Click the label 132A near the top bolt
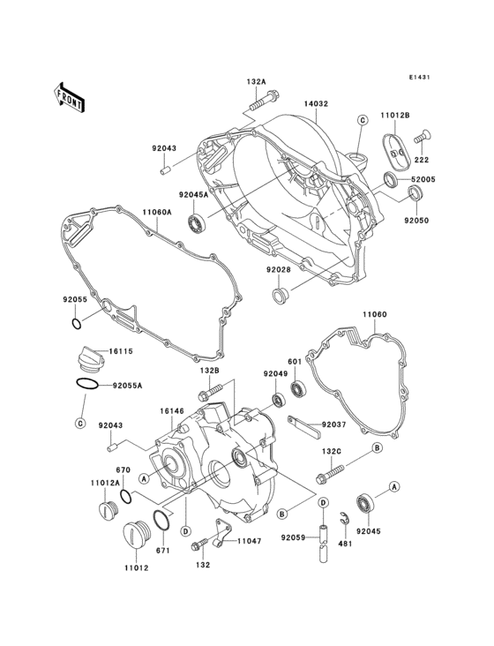[x=255, y=82]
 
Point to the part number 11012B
[x=394, y=116]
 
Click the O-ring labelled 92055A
[x=80, y=386]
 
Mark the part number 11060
[x=374, y=314]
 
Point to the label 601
[x=294, y=362]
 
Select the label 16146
[x=172, y=410]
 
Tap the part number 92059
[x=293, y=537]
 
